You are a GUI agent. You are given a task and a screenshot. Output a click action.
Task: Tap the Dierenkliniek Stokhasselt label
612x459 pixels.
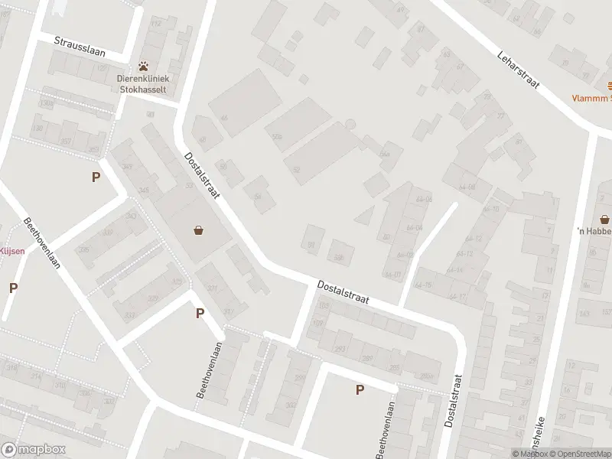click(143, 83)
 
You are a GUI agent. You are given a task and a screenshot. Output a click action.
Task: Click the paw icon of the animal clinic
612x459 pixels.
click(143, 66)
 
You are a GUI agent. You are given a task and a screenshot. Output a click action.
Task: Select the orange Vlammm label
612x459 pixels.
click(593, 98)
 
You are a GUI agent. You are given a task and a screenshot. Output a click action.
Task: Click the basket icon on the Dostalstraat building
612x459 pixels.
click(199, 229)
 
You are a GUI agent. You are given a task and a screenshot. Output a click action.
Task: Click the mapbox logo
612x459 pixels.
click(31, 450)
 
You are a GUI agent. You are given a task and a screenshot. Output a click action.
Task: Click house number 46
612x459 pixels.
click(224, 119)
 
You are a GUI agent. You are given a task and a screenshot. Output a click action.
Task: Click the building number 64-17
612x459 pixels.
click(458, 297)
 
